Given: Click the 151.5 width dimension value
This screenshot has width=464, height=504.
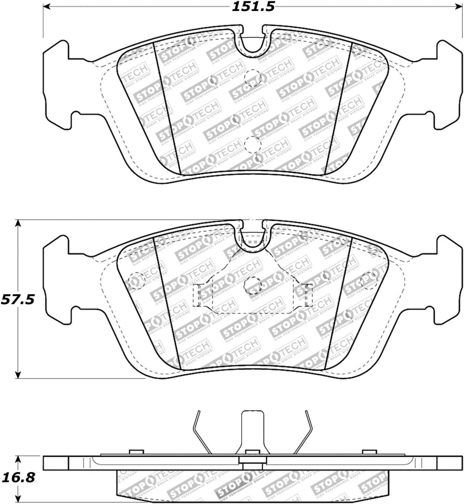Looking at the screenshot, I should click(x=253, y=7).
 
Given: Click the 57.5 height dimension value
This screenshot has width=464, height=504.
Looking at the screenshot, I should click(x=18, y=299).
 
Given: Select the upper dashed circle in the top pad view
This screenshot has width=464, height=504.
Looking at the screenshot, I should click(x=253, y=78).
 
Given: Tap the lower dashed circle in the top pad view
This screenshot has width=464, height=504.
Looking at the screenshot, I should click(x=253, y=145).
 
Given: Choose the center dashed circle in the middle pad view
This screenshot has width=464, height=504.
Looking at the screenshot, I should click(x=253, y=284).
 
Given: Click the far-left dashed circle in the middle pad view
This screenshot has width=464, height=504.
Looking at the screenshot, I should click(x=137, y=281).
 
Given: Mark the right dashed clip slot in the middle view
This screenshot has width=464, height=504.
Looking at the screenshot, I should click(x=308, y=295).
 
